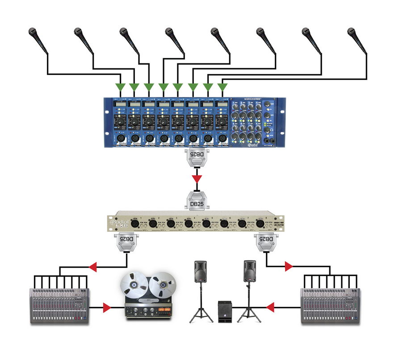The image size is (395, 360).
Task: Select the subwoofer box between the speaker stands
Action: (225, 311)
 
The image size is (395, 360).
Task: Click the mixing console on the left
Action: (60, 305)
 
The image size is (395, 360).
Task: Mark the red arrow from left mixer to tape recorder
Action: (106, 307)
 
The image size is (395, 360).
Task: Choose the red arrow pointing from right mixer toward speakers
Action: (270, 307)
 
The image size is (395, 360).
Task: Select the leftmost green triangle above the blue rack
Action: (119, 86)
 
